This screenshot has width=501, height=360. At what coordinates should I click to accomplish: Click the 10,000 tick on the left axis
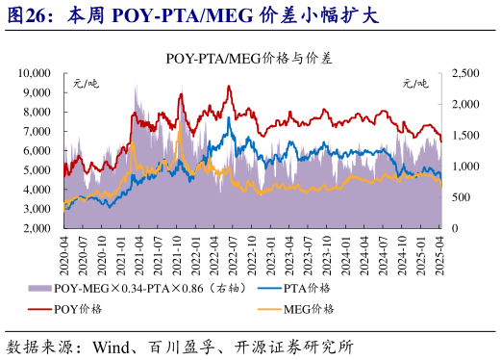[35, 73]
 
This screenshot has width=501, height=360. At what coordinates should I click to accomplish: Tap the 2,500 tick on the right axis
[463, 73]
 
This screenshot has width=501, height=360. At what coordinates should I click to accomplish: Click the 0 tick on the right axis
[453, 229]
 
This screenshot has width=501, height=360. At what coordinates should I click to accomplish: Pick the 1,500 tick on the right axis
[463, 136]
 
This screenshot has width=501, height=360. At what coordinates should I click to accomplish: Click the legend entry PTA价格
[309, 289]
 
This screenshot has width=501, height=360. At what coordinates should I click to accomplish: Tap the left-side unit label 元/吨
[86, 84]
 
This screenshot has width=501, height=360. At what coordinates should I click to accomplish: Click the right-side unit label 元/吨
[415, 84]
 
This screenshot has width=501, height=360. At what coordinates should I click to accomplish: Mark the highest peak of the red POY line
[228, 86]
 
